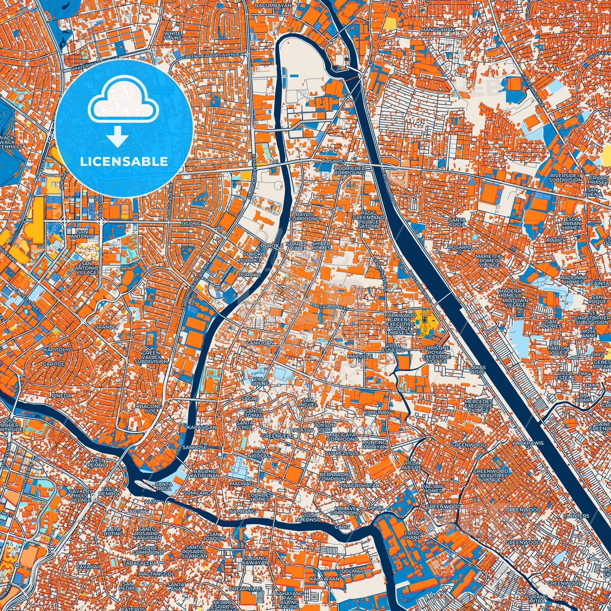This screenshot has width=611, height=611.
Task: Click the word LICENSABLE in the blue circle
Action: [124, 162]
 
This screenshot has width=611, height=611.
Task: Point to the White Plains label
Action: [173, 35]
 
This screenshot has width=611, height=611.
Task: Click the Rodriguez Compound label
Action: [349, 171]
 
